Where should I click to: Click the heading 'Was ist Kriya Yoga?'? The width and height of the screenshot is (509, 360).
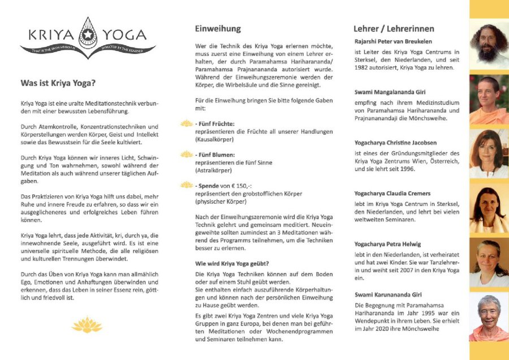tap(58, 83)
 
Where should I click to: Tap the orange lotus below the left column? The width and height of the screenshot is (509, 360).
tap(87, 324)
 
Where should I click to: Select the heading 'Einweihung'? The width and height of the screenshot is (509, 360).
tap(218, 28)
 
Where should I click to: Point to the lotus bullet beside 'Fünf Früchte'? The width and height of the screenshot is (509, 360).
tap(187, 123)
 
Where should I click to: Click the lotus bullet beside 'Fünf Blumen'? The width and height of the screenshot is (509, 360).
tap(187, 154)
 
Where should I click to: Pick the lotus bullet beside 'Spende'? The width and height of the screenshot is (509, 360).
tap(187, 185)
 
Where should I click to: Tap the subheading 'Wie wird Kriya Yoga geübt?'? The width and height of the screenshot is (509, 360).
tap(231, 263)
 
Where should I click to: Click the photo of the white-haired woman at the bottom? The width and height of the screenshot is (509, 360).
tap(489, 317)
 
